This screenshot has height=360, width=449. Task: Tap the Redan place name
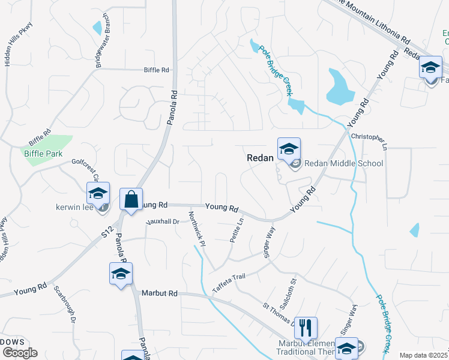tap(261, 157)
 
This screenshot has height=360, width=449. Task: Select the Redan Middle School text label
tap(343, 163)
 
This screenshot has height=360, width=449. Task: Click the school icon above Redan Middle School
tap(289, 149)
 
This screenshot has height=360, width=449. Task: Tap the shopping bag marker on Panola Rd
tap(131, 199)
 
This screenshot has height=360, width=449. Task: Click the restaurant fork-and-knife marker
tap(306, 328)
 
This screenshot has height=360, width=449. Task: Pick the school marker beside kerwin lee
tap(98, 194)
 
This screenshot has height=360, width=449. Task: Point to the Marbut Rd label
tap(160, 293)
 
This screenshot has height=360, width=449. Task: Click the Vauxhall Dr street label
tap(163, 221)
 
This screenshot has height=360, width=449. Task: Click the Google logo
tap(20, 353)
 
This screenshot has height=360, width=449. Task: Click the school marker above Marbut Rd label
tap(121, 274)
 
